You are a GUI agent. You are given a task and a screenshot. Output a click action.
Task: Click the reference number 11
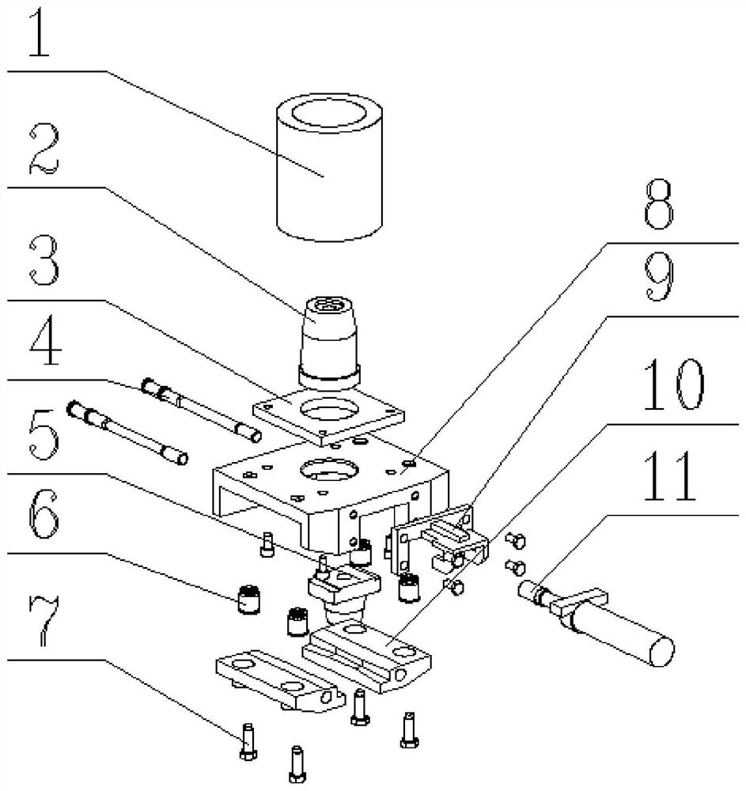click(671, 479)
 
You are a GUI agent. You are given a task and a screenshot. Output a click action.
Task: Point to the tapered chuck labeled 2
click(328, 336)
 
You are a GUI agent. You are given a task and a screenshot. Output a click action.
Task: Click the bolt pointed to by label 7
click(247, 744)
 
